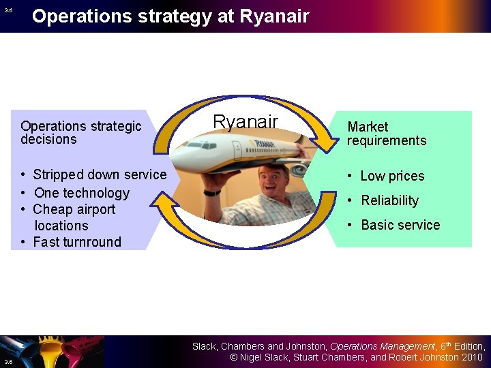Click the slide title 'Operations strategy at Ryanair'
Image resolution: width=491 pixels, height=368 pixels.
point(170,16)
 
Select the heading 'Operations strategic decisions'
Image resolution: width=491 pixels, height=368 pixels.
point(80,133)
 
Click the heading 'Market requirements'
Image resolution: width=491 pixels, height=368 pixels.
point(386,134)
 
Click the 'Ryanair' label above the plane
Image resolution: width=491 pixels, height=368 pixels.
point(245,122)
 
